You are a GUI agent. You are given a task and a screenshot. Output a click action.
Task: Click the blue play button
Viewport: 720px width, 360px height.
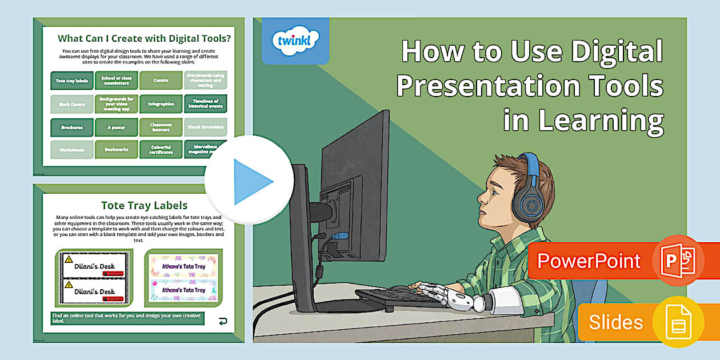[x=250, y=181]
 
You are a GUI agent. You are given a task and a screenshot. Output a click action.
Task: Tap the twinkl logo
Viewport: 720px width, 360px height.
[x=295, y=41]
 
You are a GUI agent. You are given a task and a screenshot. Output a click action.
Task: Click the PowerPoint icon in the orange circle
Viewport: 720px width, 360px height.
[x=678, y=261]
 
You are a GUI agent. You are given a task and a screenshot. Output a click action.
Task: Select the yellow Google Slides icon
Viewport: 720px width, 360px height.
[x=678, y=322]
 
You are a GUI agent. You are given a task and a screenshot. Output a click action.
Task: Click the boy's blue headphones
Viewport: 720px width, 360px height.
[x=530, y=189]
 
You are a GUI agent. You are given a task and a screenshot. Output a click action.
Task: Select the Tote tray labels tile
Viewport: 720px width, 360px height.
[x=71, y=81]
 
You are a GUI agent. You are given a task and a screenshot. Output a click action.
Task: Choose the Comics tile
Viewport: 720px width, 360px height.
[x=161, y=81]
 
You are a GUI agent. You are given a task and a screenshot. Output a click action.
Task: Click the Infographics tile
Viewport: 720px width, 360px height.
[x=161, y=104]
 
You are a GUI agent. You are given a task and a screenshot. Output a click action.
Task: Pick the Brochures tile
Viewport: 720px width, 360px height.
[x=71, y=127]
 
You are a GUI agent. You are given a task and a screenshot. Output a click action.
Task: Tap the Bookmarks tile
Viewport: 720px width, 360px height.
[x=117, y=150]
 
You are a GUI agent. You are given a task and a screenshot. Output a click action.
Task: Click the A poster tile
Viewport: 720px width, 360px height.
[x=117, y=127]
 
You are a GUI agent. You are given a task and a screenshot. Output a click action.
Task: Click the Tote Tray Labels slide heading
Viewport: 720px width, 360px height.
[x=144, y=205]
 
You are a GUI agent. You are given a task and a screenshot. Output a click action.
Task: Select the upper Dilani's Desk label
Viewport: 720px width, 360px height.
[x=95, y=266]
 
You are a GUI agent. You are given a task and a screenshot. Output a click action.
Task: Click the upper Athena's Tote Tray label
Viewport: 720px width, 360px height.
[x=183, y=265]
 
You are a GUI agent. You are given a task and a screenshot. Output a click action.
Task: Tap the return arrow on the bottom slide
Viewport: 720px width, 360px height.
[x=222, y=321]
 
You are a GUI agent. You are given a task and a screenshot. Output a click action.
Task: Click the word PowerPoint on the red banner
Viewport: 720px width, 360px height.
[x=589, y=261]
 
